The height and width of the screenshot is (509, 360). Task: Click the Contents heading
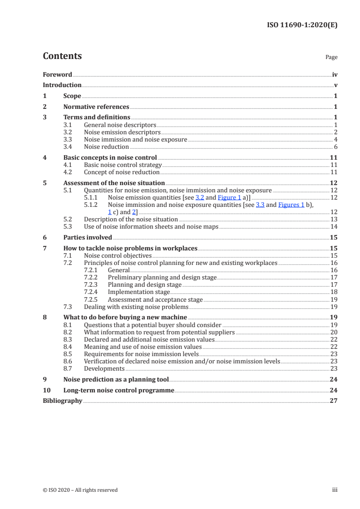pyautogui.click(x=62, y=56)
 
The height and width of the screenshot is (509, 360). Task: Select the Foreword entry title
pyautogui.click(x=57, y=74)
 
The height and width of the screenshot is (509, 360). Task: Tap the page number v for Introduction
pyautogui.click(x=335, y=85)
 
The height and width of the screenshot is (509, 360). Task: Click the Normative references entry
pyautogui.click(x=96, y=107)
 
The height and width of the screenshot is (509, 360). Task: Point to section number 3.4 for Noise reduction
pyautogui.click(x=68, y=147)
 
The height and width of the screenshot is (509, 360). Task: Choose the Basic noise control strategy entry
pyautogui.click(x=120, y=165)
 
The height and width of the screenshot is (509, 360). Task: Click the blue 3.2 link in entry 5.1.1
pyautogui.click(x=200, y=197)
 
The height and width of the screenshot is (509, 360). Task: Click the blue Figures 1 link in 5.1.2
pyautogui.click(x=291, y=205)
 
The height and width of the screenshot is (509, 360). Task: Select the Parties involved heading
pyautogui.click(x=88, y=237)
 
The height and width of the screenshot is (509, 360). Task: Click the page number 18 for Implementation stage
pyautogui.click(x=334, y=292)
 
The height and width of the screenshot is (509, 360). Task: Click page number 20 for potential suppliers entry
pyautogui.click(x=334, y=332)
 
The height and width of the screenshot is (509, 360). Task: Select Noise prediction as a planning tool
pyautogui.click(x=116, y=379)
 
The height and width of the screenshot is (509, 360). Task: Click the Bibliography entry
pyautogui.click(x=62, y=401)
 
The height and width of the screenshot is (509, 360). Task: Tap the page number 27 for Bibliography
pyautogui.click(x=334, y=401)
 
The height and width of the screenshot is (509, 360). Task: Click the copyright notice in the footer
pyautogui.click(x=80, y=490)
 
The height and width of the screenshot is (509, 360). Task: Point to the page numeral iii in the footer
pyautogui.click(x=335, y=490)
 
